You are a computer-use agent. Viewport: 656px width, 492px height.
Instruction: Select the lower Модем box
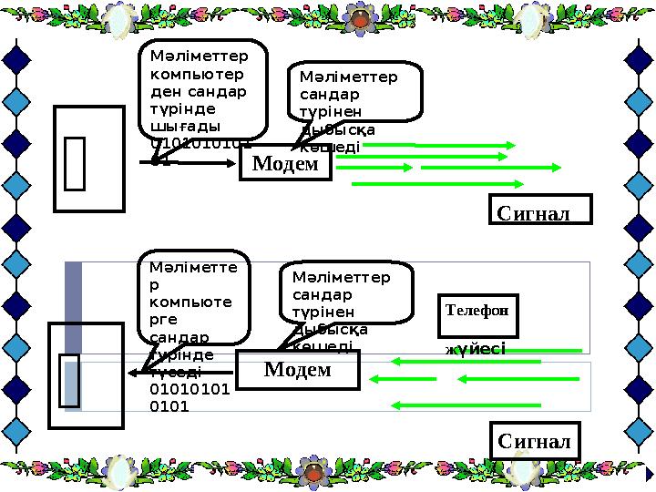(297, 369)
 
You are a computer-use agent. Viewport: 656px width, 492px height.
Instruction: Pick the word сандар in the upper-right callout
(329, 94)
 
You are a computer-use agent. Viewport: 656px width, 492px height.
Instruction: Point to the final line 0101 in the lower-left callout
(169, 406)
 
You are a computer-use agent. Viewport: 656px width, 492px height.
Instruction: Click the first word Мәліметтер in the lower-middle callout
(341, 277)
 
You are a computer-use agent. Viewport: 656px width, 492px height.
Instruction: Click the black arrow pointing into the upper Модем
(196, 163)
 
